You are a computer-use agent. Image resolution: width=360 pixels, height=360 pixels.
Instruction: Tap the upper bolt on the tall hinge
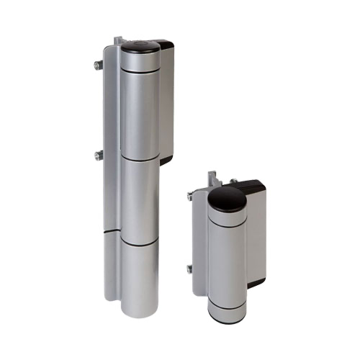pyautogui.click(x=96, y=66)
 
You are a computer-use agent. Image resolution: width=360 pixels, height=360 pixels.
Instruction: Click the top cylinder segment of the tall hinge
pyautogui.click(x=140, y=108)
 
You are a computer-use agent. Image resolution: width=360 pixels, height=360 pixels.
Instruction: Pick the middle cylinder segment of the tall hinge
pyautogui.click(x=140, y=198)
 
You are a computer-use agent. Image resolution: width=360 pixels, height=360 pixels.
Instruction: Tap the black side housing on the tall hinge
pyautogui.click(x=166, y=101)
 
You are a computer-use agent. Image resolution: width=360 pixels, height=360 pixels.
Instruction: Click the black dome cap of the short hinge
pyautogui.click(x=227, y=198)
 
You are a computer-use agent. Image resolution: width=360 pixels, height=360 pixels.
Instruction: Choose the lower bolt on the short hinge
pyautogui.click(x=190, y=269)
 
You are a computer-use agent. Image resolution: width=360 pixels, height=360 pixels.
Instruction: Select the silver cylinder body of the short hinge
pyautogui.click(x=227, y=259)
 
